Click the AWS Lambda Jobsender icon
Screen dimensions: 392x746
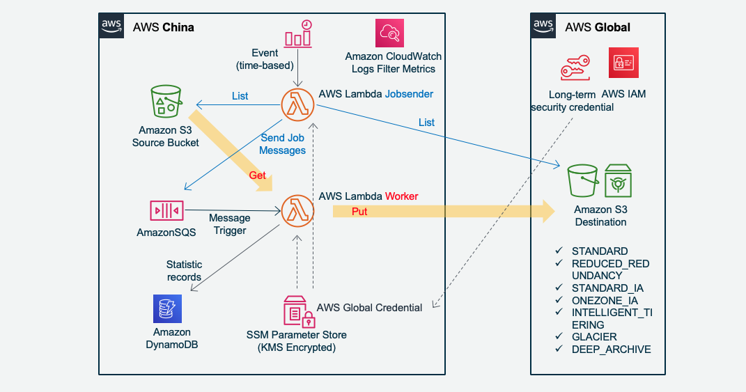tap(297, 104)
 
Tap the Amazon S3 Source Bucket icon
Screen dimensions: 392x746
tap(166, 102)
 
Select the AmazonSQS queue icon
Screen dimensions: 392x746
tap(166, 210)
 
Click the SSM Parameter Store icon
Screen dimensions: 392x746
tap(298, 311)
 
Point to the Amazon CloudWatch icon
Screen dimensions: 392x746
tap(389, 33)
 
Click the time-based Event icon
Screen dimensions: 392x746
tap(298, 34)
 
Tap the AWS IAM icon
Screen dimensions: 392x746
tap(623, 63)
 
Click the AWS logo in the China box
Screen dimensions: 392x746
tap(111, 26)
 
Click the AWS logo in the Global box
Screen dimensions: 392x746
tap(544, 26)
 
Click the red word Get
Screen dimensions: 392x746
tap(258, 175)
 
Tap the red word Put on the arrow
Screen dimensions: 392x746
tap(359, 212)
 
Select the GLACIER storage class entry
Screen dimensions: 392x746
tap(594, 337)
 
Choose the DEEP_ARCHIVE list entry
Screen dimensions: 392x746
tap(611, 350)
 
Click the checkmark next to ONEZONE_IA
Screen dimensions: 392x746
tap(559, 300)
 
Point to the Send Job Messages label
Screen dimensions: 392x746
tap(283, 144)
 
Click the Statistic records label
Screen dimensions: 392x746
tap(184, 271)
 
